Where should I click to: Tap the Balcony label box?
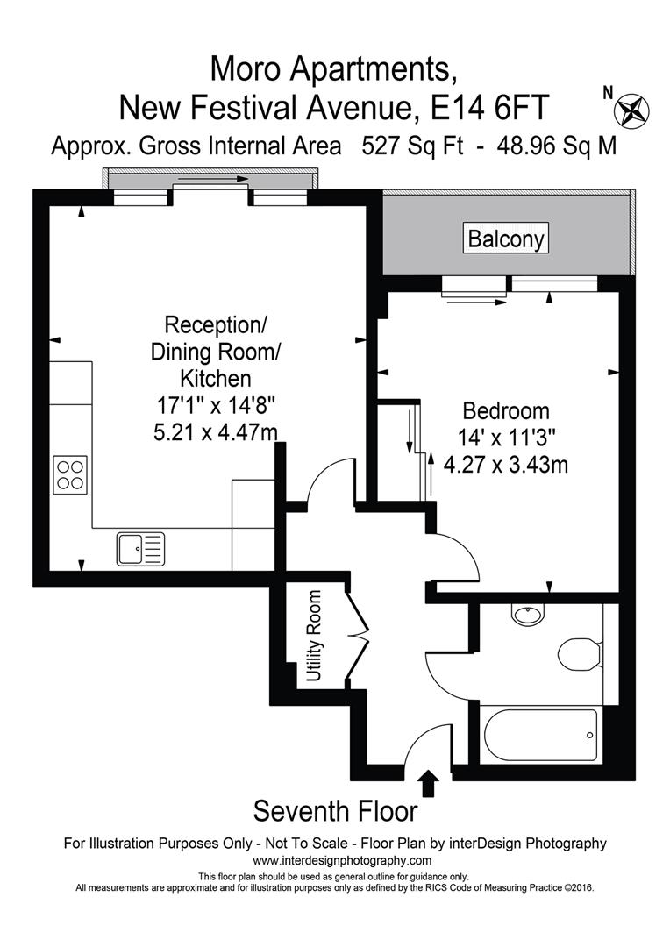pos(506,238)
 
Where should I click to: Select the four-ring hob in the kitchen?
pos(70,474)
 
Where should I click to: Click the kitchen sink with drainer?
pos(139,549)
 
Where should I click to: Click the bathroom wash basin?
pos(528,615)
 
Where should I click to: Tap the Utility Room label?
pos(314,637)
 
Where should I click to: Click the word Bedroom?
pos(506,410)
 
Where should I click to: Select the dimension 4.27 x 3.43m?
pos(506,464)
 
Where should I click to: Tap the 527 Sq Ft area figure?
pos(412,146)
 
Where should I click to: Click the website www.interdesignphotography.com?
pos(335,861)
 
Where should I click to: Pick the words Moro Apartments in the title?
pos(334,67)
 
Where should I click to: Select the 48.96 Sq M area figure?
pos(556,146)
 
